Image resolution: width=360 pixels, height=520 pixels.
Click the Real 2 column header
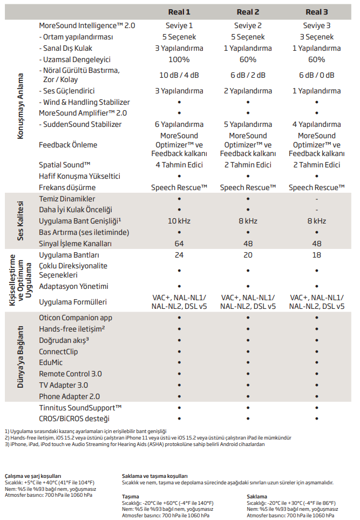click(x=248, y=12)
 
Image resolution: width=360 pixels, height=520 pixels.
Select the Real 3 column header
click(x=316, y=12)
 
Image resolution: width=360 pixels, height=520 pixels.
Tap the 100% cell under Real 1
click(x=179, y=59)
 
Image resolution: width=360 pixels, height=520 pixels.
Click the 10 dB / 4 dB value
click(x=179, y=75)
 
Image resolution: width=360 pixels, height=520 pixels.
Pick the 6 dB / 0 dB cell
click(x=316, y=75)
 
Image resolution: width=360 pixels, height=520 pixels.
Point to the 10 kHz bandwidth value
click(x=179, y=221)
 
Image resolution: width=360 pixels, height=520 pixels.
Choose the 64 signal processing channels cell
click(x=179, y=244)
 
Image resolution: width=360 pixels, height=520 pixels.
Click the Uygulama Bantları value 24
click(x=179, y=255)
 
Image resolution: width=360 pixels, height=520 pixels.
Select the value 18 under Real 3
click(x=316, y=255)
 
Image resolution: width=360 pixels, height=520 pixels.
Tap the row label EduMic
click(x=51, y=362)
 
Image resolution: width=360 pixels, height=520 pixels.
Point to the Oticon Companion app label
click(x=76, y=318)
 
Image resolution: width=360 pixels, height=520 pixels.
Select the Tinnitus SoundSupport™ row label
click(x=80, y=407)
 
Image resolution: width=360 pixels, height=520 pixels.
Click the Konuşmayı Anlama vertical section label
click(x=21, y=108)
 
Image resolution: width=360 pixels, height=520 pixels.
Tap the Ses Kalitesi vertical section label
click(x=21, y=221)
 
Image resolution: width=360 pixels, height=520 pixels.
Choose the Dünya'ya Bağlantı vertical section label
click(x=21, y=357)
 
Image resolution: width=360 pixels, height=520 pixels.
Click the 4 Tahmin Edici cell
click(x=179, y=165)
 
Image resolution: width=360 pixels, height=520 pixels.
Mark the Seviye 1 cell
click(x=179, y=26)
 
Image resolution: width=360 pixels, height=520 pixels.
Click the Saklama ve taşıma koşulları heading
click(x=154, y=476)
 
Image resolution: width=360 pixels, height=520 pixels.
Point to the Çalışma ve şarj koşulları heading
click(x=33, y=476)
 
